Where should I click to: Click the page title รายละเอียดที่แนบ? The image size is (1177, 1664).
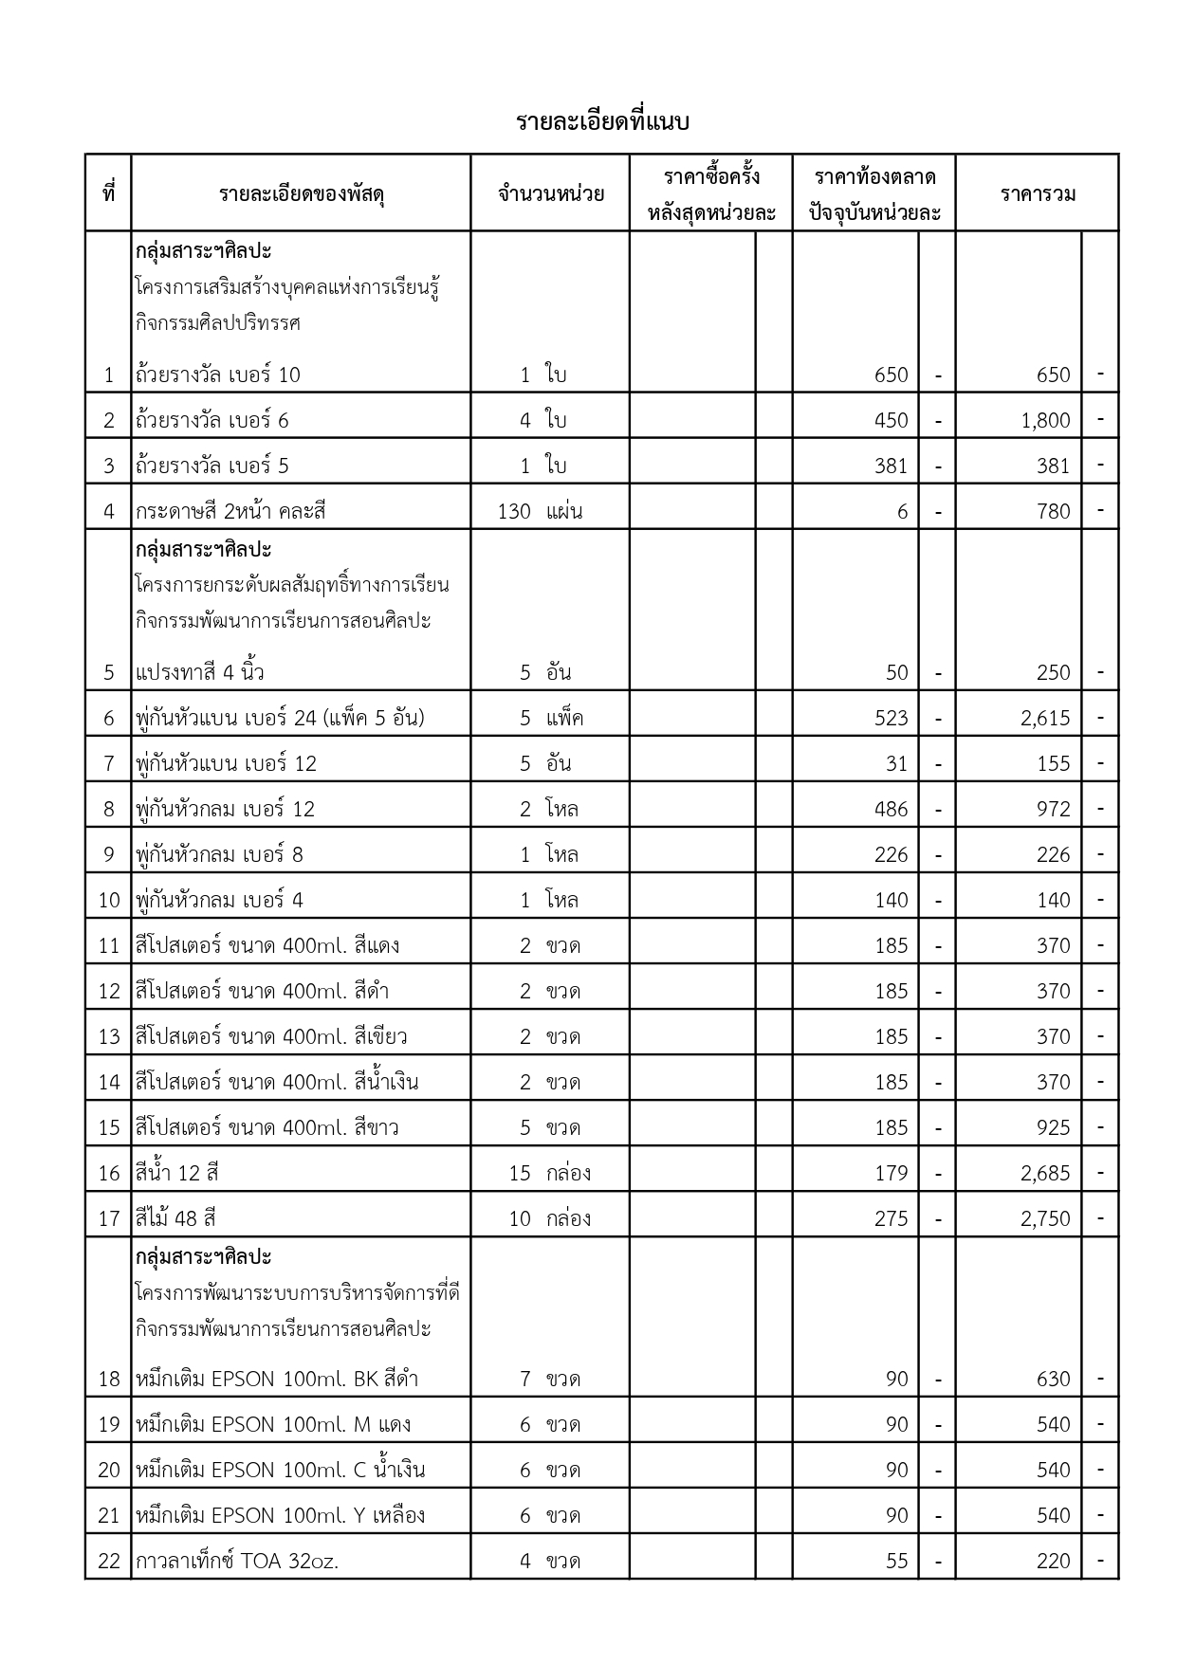(602, 122)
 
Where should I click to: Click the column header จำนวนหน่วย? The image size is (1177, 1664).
(550, 194)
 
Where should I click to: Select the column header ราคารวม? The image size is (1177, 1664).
(1038, 194)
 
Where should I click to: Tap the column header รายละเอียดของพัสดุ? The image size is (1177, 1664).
(301, 194)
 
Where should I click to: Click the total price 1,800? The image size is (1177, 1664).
(1045, 420)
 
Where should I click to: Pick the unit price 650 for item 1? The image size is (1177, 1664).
(891, 375)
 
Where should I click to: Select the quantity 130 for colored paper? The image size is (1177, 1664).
(514, 511)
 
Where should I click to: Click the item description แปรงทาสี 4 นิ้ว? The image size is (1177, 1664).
(200, 672)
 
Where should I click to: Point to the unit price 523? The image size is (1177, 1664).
(891, 718)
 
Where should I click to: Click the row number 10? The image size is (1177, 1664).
(109, 900)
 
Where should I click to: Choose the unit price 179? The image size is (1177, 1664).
(891, 1173)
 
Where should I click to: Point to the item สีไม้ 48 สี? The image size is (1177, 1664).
(176, 1218)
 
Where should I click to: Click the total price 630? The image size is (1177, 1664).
(1053, 1379)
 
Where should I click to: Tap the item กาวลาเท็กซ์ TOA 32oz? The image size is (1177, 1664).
(237, 1561)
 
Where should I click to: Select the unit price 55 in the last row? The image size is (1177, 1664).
(896, 1561)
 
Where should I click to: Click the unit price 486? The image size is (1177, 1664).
(891, 809)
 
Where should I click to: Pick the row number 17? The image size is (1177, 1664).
(109, 1218)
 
